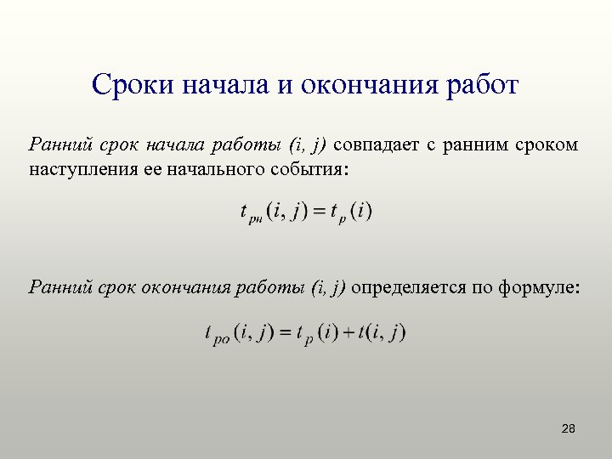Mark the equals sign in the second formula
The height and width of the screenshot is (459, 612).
(280, 332)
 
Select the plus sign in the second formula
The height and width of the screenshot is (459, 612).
(348, 332)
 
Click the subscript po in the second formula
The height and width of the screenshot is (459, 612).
(221, 339)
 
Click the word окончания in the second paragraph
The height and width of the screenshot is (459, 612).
(189, 288)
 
